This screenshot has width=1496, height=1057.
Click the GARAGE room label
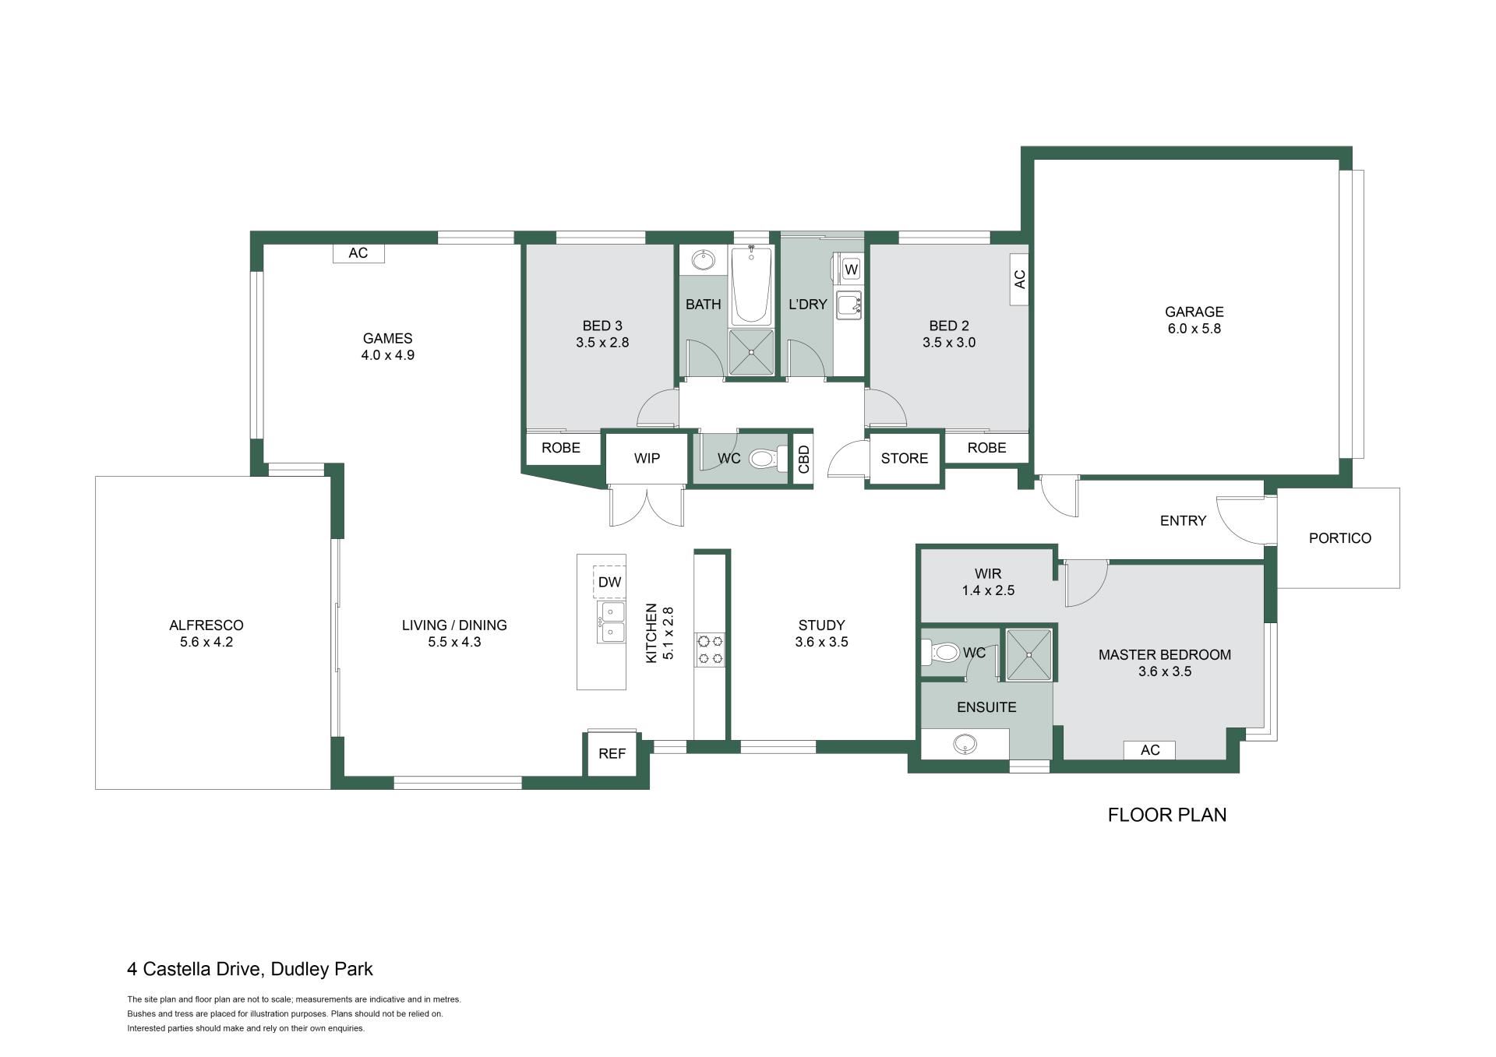tap(1194, 312)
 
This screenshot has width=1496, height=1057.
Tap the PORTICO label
tap(1339, 538)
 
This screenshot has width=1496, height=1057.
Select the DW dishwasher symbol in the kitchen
tap(609, 582)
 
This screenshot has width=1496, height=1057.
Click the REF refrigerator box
tap(612, 753)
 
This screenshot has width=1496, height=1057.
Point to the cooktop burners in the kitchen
tap(710, 650)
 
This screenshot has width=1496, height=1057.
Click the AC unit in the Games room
tap(358, 253)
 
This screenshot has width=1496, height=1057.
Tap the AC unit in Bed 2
tap(1019, 279)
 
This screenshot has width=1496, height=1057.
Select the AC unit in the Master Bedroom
tap(1149, 749)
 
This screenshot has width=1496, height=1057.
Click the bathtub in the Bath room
tap(751, 286)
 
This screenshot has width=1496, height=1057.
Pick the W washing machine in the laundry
tap(851, 270)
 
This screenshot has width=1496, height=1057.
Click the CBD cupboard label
tap(804, 460)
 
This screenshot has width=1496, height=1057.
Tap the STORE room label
tap(905, 459)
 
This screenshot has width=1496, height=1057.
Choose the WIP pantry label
tap(647, 458)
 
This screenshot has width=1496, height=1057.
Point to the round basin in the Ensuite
tap(965, 745)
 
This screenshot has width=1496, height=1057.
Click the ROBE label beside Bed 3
tap(561, 448)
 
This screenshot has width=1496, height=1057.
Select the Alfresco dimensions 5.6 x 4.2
tap(206, 642)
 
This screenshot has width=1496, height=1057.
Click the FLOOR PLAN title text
tap(1167, 815)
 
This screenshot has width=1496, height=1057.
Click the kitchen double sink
tap(611, 622)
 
